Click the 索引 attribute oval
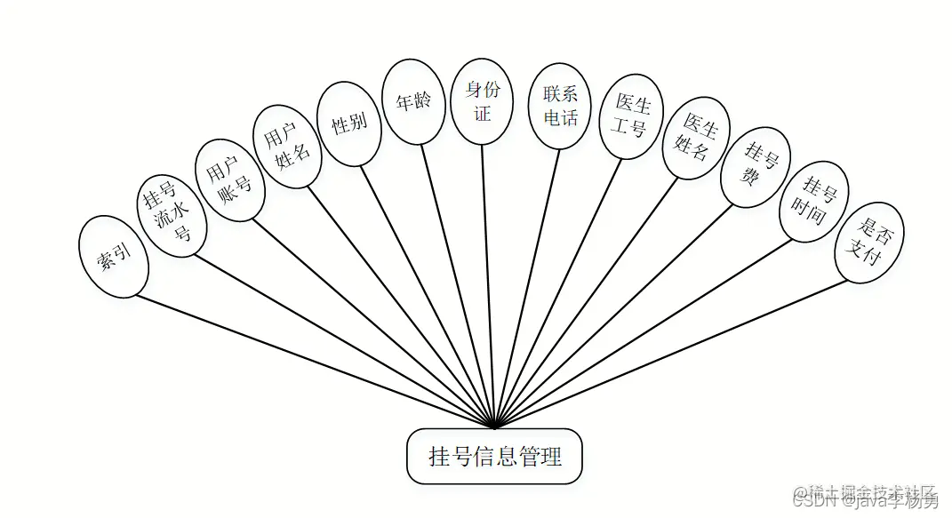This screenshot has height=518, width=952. [114, 256]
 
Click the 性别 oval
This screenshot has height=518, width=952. [349, 124]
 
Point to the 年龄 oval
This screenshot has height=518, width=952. [413, 101]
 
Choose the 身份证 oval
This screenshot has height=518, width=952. [482, 101]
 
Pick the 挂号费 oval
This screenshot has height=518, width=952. [756, 164]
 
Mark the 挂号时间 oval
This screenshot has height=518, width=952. [814, 201]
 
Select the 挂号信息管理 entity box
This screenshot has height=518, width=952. [495, 457]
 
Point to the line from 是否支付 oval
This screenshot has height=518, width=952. [676, 353]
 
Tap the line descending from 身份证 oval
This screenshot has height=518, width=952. [488, 284]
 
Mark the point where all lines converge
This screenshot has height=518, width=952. [494, 427]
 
